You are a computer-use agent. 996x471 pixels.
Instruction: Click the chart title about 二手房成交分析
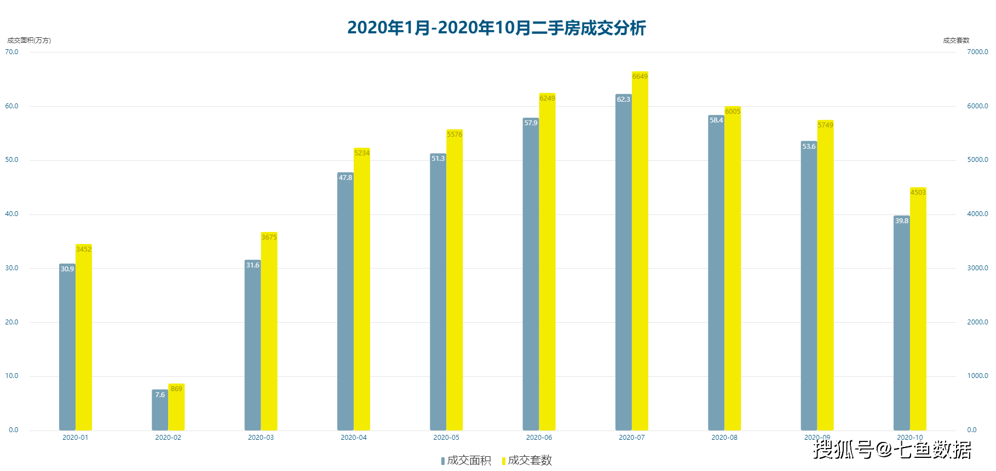[x=497, y=27]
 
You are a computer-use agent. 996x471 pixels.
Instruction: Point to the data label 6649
[x=640, y=77]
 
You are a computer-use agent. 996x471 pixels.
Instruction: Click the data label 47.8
[x=346, y=178]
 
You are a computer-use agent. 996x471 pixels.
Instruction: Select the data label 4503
[x=918, y=193]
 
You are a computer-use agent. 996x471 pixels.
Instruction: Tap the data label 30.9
[x=67, y=269]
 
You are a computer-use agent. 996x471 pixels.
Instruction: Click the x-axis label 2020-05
[x=446, y=438]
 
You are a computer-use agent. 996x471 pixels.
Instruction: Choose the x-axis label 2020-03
[x=261, y=438]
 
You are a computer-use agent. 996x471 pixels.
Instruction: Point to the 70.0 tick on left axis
[x=11, y=52]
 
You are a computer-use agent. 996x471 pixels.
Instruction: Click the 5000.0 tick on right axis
[x=977, y=160]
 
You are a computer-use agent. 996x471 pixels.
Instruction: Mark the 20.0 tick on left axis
[x=11, y=322]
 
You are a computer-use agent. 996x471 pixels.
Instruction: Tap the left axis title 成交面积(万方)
[x=29, y=40]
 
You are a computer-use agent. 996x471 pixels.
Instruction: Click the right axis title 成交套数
[x=956, y=40]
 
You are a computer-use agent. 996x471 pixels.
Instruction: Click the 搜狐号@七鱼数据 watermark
[x=892, y=450]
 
